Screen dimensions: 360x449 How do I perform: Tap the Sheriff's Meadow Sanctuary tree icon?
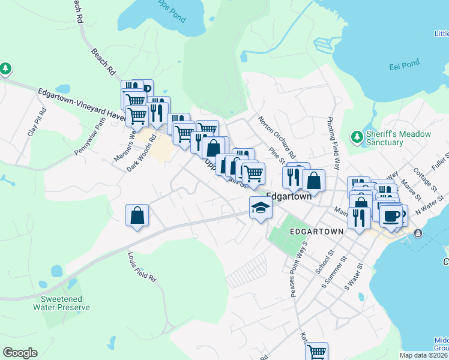(x=357, y=137)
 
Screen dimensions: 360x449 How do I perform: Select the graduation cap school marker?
(x=261, y=208)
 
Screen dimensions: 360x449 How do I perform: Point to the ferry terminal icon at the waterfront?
(x=418, y=233)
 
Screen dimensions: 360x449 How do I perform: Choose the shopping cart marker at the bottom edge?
(x=316, y=352)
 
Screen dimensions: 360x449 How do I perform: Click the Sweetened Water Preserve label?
(x=65, y=303)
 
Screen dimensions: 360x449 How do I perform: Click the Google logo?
(x=20, y=353)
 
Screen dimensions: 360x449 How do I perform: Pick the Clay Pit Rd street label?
(x=37, y=122)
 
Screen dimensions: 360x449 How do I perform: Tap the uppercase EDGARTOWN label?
(x=316, y=232)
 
